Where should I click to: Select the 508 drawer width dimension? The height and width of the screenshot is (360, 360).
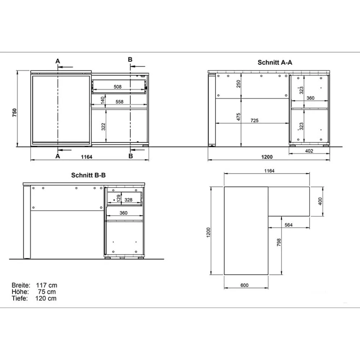[x=117, y=87]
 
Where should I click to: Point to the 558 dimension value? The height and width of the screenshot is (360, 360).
[x=120, y=102]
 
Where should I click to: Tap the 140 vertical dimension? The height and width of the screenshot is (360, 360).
[x=103, y=100]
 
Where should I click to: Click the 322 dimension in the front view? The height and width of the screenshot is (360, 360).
[x=103, y=126]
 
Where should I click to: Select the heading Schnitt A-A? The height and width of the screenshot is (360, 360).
[x=275, y=62]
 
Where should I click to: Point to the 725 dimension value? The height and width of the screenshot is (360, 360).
[x=254, y=120]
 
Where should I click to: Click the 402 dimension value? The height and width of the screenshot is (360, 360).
[x=309, y=151]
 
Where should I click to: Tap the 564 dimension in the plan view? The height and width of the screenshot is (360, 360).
[x=288, y=225]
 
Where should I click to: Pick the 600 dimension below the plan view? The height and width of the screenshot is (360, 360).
[x=244, y=285]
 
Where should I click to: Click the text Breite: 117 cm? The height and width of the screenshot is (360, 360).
[x=34, y=285]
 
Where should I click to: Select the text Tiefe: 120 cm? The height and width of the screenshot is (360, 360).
[x=34, y=298]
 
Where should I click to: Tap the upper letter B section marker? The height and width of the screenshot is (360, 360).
[x=130, y=60]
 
